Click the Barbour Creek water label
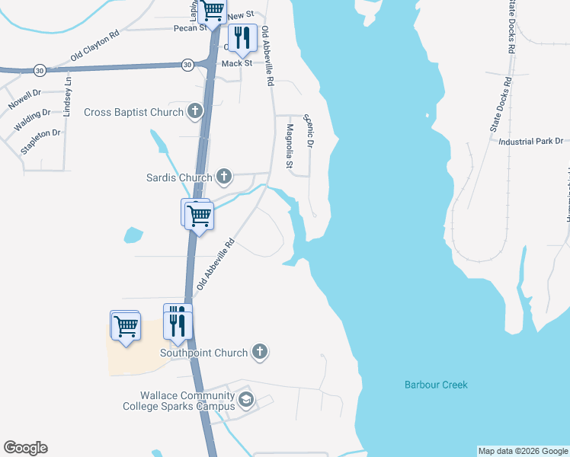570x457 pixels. coord(436,385)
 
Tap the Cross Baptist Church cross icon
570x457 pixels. coord(195,112)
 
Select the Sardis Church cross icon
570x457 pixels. coord(224,177)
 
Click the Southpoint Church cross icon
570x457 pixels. coord(260,353)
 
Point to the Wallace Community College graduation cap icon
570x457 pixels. coord(245,400)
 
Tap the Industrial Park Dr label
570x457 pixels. coord(530,142)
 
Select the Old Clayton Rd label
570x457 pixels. coord(95,46)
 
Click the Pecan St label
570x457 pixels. coord(191,27)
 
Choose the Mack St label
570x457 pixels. coord(236,63)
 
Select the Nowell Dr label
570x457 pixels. coord(24,99)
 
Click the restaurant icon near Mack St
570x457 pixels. coord(242,38)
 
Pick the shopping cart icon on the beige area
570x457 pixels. coord(126,327)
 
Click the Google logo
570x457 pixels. coord(25,448)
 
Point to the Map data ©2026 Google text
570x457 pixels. coord(523,451)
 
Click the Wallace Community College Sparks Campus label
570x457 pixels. coord(178,401)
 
